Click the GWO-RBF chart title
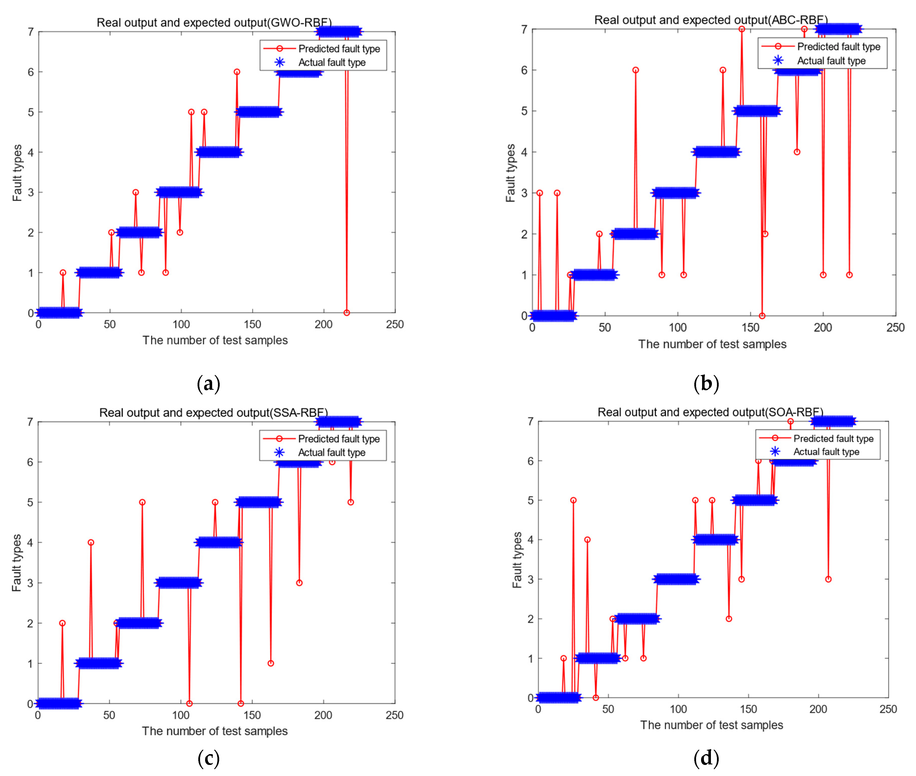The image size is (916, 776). [x=214, y=22]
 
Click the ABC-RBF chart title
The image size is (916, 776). [x=711, y=20]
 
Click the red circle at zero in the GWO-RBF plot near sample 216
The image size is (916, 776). [x=347, y=313]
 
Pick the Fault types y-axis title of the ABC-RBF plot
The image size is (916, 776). [x=510, y=173]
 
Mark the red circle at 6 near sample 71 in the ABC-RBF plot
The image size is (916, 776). [x=636, y=70]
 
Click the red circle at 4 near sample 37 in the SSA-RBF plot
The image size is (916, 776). [x=91, y=542]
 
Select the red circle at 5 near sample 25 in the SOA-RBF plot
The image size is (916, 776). [x=573, y=500]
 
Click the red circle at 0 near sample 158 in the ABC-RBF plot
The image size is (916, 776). [x=762, y=316]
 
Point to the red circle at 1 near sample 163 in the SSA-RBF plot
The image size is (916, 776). [x=271, y=663]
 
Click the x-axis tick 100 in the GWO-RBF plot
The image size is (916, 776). [x=181, y=325]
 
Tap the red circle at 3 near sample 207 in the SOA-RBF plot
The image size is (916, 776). [x=828, y=579]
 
